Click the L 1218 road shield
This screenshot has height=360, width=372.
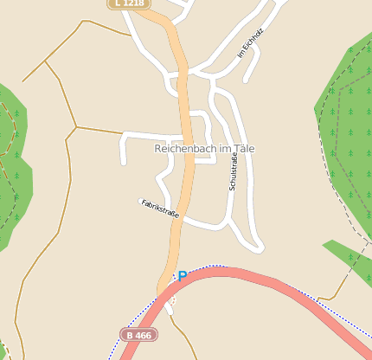[x=128, y=3]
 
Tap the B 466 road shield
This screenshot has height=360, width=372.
[x=138, y=334]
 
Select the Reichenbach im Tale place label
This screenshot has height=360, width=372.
[x=204, y=149]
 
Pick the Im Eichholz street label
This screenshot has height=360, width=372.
[x=250, y=44]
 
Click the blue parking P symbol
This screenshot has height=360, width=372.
[x=183, y=276]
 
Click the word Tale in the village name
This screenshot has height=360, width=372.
[x=243, y=149]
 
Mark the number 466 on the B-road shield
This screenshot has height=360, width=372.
[x=144, y=334]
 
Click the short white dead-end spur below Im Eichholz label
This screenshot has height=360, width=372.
[x=249, y=74]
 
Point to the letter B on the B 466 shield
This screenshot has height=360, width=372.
[x=130, y=334]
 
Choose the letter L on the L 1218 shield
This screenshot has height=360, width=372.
[x=117, y=3]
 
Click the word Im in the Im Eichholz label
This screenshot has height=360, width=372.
[x=241, y=54]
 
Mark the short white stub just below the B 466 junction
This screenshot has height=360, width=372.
[x=170, y=304]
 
